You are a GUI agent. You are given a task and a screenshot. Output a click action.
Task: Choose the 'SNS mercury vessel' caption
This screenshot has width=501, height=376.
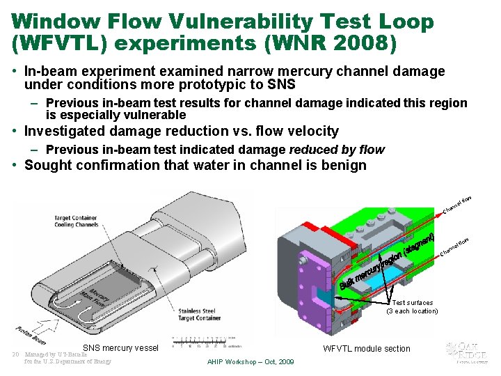[x=120, y=348]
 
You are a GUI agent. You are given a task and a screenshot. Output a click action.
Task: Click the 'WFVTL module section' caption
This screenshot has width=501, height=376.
[x=367, y=349]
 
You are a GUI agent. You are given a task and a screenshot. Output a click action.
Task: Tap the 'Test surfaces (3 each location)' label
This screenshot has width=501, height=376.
[x=412, y=307]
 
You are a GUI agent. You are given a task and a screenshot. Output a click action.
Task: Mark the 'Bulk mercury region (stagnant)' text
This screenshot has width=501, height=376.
[x=386, y=262]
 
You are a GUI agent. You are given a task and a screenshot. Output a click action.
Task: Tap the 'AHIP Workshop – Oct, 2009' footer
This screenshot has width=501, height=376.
[x=250, y=362]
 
